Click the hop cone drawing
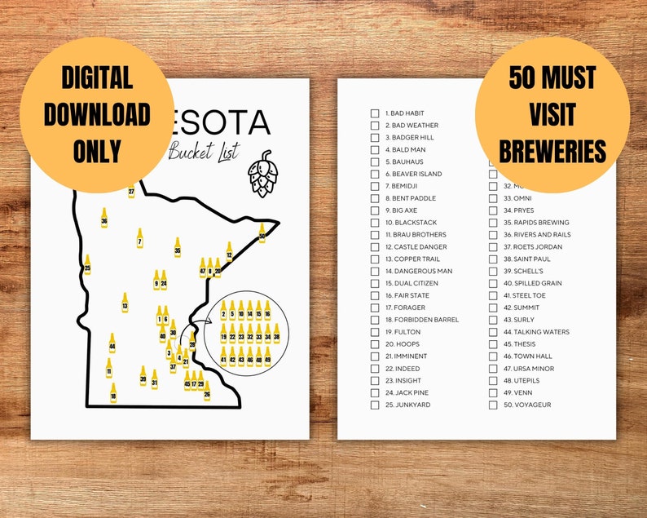(262, 174)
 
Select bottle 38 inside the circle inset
(276, 333)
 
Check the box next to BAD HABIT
(375, 113)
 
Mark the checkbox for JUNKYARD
(375, 405)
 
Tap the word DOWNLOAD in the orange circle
(96, 114)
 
